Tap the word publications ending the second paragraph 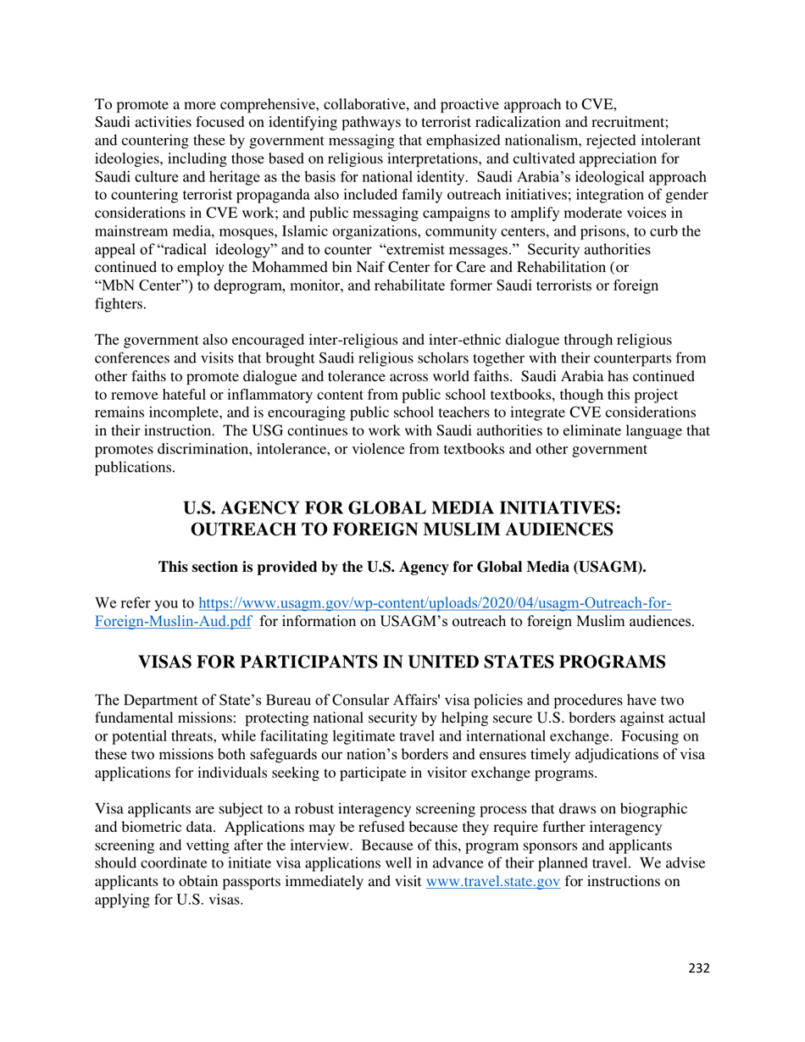coord(135,467)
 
